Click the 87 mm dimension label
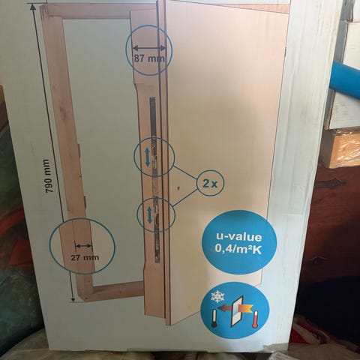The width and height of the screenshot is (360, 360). [149, 58]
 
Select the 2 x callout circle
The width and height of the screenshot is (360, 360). [210, 184]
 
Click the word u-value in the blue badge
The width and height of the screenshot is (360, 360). [239, 237]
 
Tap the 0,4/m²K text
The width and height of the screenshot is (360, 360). [238, 250]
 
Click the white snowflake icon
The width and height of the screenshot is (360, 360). [216, 297]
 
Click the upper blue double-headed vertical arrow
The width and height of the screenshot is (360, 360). [148, 157]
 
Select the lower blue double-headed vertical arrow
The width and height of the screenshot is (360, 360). [149, 215]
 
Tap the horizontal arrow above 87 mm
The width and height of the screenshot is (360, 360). [149, 48]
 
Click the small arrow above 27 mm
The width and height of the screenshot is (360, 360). [84, 246]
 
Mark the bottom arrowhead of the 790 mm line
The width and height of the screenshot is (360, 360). [73, 300]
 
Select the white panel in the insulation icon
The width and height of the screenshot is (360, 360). [237, 311]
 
